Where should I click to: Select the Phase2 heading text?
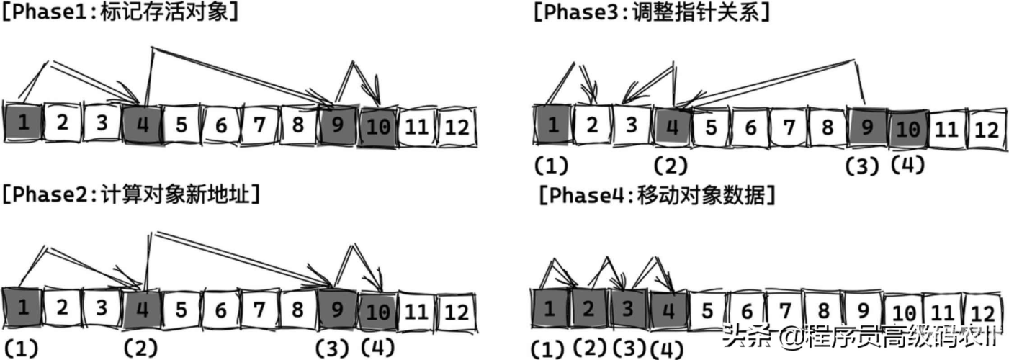click(x=130, y=195)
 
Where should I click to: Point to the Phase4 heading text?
click(x=656, y=196)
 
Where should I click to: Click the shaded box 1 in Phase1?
click(x=22, y=122)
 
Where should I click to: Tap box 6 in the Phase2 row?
click(x=220, y=310)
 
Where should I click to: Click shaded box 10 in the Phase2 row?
click(x=378, y=311)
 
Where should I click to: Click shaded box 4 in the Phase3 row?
click(x=672, y=127)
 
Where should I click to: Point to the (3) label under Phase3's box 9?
click(x=862, y=166)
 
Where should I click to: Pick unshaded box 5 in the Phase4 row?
click(x=707, y=310)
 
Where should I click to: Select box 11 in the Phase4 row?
click(x=943, y=312)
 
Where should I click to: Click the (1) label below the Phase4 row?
click(x=550, y=349)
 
